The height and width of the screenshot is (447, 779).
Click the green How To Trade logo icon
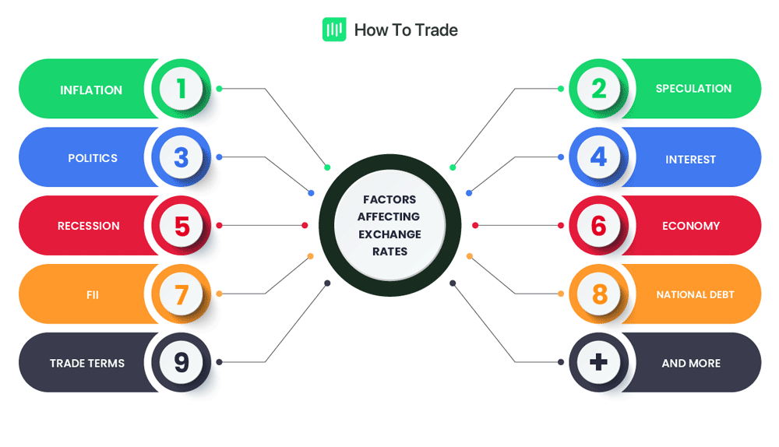tap(334, 30)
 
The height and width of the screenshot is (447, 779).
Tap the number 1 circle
tap(182, 89)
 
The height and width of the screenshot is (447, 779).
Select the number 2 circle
tap(598, 89)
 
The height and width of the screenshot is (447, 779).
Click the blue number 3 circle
tap(182, 157)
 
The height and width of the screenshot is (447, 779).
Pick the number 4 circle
tap(598, 157)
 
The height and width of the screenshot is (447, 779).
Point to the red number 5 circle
tap(182, 226)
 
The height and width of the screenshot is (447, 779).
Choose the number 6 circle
tap(598, 226)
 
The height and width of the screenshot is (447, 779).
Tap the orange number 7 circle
tap(182, 294)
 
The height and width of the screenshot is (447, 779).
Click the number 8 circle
tap(598, 294)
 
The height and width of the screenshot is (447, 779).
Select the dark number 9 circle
tap(182, 362)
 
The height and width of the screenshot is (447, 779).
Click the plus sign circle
tap(598, 362)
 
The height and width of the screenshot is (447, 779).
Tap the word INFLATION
tap(91, 90)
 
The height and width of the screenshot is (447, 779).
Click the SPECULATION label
tap(693, 89)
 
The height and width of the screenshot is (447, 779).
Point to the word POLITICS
tap(93, 158)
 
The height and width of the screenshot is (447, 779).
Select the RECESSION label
tap(89, 226)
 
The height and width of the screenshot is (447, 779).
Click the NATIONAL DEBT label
tap(695, 295)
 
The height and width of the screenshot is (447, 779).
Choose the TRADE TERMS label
tap(87, 363)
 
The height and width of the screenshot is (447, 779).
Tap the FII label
tap(93, 295)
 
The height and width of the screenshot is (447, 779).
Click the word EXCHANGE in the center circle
tap(389, 234)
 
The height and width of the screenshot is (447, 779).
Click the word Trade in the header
tap(436, 30)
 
